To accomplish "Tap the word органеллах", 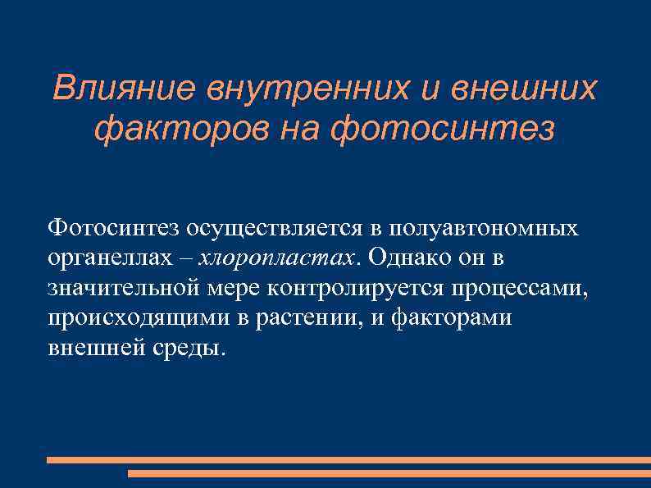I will tap(110, 258).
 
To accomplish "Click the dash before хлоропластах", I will tap(186, 258).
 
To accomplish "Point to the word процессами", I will tap(520, 287).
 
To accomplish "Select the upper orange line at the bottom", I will tap(348, 460).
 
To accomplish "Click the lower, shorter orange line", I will tap(389, 473).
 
